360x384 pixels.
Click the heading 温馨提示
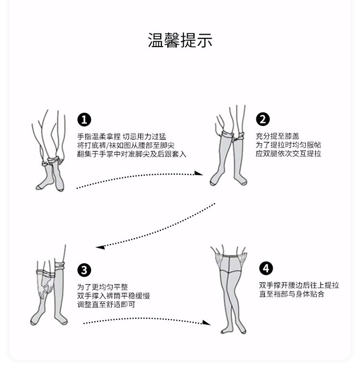pyautogui.click(x=180, y=40)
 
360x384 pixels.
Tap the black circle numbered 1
pyautogui.click(x=84, y=120)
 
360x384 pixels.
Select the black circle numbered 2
pyautogui.click(x=263, y=119)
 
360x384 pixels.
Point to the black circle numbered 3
pyautogui.click(x=84, y=270)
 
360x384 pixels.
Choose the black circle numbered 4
pyautogui.click(x=266, y=268)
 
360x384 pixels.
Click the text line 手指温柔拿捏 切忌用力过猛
pyautogui.click(x=121, y=136)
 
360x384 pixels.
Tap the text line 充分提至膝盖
pyautogui.click(x=277, y=136)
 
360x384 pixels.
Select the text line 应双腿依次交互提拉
pyautogui.click(x=288, y=153)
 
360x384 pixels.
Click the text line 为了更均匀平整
pyautogui.click(x=102, y=287)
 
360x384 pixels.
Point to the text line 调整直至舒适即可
pyautogui.click(x=106, y=305)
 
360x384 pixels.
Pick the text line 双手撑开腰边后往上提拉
pyautogui.click(x=299, y=285)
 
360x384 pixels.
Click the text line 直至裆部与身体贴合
pyautogui.click(x=292, y=294)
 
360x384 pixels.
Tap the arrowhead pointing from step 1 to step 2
pyautogui.click(x=199, y=173)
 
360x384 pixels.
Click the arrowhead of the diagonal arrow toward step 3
pyautogui.click(x=100, y=247)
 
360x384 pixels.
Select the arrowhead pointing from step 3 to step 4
pyautogui.click(x=207, y=322)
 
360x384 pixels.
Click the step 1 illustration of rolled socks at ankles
pyautogui.click(x=49, y=150)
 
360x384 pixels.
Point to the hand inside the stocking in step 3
pyautogui.click(x=47, y=284)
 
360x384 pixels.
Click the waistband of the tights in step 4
pyautogui.click(x=230, y=256)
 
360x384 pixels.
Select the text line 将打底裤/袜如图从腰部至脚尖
pyautogui.click(x=126, y=146)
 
